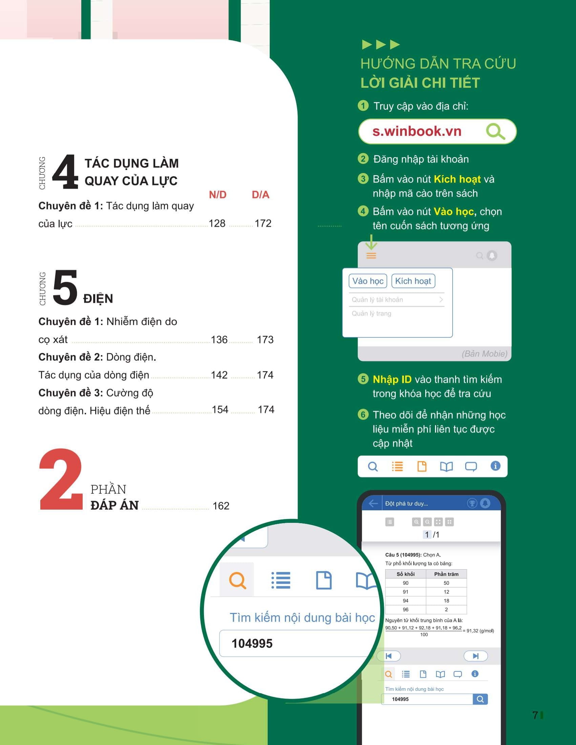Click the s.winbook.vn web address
417,131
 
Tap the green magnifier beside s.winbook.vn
495,131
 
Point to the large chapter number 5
65,287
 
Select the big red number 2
61,479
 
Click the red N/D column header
218,195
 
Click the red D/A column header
261,195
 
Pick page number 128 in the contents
217,223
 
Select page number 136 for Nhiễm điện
219,340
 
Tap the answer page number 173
265,340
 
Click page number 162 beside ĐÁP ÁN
221,506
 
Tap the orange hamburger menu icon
371,255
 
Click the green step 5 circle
363,379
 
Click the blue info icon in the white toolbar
495,466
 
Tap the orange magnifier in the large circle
238,580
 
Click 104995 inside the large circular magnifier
252,643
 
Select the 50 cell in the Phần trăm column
446,583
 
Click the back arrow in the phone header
373,503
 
